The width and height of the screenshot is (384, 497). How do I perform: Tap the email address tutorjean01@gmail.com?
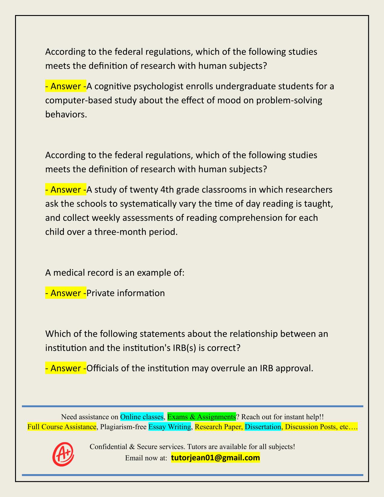tap(215, 458)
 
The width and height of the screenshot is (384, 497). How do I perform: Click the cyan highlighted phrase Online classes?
tap(142, 417)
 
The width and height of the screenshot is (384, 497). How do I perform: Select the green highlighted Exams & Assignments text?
tap(201, 417)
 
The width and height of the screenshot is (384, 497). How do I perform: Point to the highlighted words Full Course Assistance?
tap(62, 427)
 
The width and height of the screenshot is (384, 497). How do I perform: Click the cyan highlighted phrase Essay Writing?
tap(170, 427)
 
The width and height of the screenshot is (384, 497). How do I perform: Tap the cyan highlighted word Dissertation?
tap(263, 427)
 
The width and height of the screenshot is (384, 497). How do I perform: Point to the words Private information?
tap(126, 293)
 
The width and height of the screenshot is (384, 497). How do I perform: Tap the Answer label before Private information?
tap(66, 293)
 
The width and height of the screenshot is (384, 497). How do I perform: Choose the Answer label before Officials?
tap(66, 368)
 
